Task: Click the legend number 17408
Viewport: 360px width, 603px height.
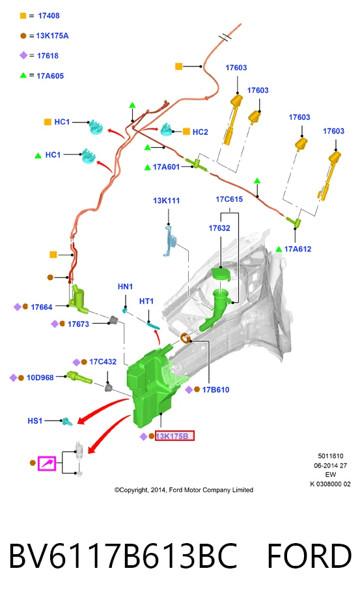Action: pos(49,16)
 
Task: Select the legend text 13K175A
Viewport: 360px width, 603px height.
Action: pos(52,36)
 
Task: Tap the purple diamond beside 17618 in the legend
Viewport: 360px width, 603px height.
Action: pos(23,55)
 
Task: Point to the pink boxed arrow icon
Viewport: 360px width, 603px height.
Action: pos(47,464)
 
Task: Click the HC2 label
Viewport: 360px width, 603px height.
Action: pos(200,132)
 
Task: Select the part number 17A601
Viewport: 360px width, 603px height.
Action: pos(166,167)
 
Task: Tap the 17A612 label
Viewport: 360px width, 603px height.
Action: pos(298,249)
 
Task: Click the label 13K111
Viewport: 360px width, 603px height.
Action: pos(166,201)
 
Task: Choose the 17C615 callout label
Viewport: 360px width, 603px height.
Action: pos(229,199)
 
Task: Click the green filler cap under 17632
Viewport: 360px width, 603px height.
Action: pos(221,274)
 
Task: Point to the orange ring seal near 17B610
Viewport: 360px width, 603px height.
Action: pos(185,339)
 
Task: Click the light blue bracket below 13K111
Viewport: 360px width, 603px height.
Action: pos(170,242)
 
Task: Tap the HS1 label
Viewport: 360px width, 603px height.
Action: pos(35,421)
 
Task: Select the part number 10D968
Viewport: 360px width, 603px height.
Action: pos(40,378)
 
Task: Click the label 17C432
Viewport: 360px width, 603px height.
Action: pos(103,362)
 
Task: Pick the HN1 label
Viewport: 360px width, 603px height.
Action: pos(126,287)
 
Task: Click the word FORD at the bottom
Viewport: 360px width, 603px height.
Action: pos(309,557)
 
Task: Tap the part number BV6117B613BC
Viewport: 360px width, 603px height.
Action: pos(123,557)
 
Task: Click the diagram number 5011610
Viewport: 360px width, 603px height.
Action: pos(331,456)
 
